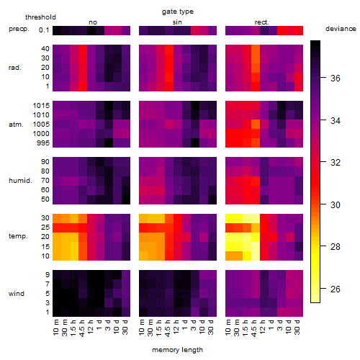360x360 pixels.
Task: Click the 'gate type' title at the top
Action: click(x=178, y=12)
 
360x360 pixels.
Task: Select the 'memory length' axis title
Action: click(x=177, y=350)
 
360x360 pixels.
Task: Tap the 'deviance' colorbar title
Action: click(x=341, y=29)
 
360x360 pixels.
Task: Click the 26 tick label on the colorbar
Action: click(x=336, y=289)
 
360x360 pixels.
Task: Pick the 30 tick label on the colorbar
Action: click(x=336, y=204)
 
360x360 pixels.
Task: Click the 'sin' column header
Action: click(x=177, y=22)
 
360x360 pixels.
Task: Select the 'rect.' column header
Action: click(x=261, y=22)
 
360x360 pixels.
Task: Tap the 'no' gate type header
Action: click(x=93, y=22)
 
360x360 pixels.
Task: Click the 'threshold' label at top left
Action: click(x=40, y=17)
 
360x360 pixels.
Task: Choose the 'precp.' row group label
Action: click(x=19, y=29)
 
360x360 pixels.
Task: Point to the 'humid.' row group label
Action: click(x=20, y=181)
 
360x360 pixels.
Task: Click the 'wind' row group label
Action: click(x=17, y=294)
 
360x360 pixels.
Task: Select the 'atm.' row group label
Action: click(x=16, y=125)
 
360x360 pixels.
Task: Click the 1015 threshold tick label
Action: click(x=41, y=106)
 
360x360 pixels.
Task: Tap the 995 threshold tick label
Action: click(x=43, y=143)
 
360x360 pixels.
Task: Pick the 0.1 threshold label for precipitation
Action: click(x=44, y=30)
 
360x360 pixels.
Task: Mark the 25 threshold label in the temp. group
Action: click(x=45, y=227)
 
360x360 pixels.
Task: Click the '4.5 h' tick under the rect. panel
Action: click(x=254, y=328)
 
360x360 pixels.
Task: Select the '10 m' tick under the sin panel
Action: click(x=142, y=328)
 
